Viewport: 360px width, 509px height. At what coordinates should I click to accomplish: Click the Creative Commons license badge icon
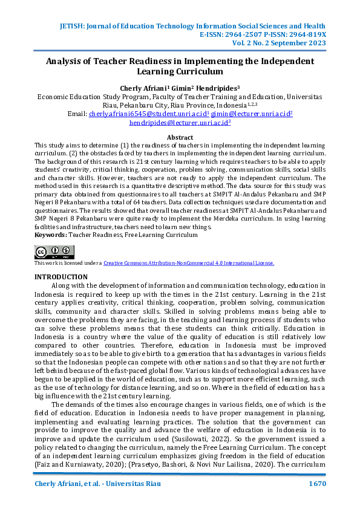point(54,252)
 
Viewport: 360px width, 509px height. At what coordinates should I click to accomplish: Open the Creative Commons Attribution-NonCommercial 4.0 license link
point(188,263)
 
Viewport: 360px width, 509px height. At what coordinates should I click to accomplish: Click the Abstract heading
point(180,138)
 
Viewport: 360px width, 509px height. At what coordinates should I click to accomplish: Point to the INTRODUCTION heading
point(61,276)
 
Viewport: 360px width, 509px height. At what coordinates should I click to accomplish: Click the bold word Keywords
point(50,234)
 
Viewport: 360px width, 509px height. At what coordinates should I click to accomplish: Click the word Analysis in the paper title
point(66,61)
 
